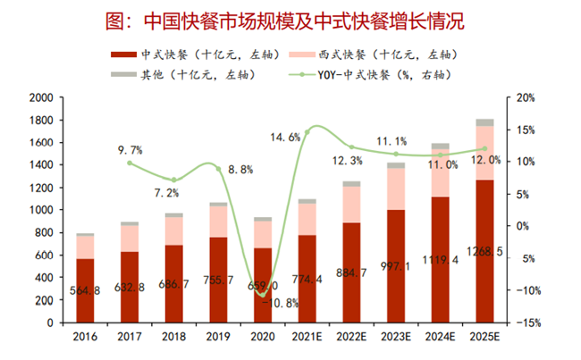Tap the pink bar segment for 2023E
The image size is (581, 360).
tap(395, 188)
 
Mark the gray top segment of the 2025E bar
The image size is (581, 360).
tap(484, 122)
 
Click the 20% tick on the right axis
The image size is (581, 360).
tap(524, 97)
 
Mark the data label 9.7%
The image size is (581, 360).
tap(130, 150)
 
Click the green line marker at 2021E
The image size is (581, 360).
tap(307, 132)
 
